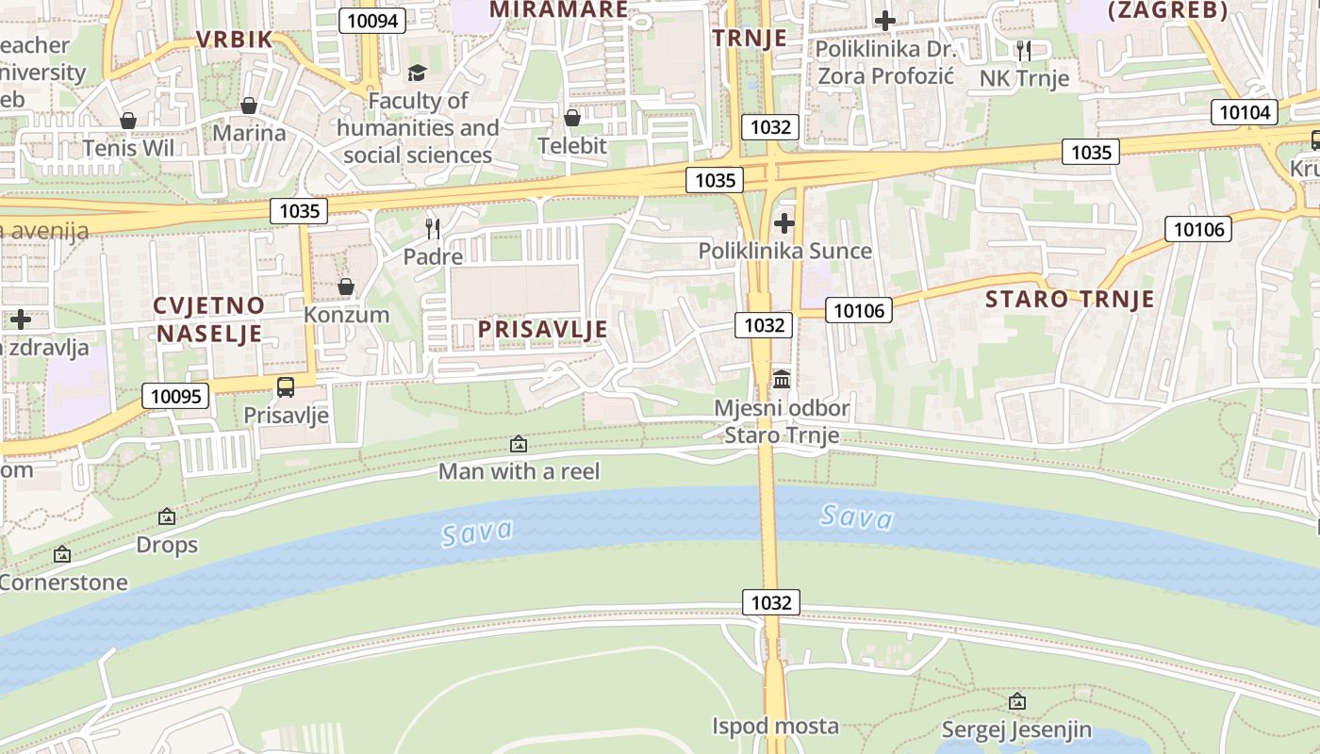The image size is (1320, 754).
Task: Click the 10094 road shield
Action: [372, 21]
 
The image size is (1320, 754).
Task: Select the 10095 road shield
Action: [175, 396]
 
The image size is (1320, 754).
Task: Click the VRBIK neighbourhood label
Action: [234, 40]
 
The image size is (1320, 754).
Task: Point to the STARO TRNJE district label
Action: [1069, 300]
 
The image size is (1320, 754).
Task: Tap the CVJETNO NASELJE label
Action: [210, 319]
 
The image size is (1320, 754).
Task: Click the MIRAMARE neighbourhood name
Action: [559, 9]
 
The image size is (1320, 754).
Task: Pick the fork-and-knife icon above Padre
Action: [433, 228]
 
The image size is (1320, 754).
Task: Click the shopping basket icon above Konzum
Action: [346, 287]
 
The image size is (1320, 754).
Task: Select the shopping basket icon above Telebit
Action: [572, 118]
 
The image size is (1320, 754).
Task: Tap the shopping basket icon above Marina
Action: [249, 105]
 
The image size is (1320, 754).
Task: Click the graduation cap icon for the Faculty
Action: [417, 73]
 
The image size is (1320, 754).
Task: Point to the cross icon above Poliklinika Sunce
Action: [784, 223]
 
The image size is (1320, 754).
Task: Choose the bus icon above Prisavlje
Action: [286, 386]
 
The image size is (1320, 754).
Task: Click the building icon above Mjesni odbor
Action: [782, 380]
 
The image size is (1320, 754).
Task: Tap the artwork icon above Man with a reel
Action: [519, 443]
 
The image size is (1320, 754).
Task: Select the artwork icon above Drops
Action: [167, 516]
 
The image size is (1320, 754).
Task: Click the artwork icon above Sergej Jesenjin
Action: [1016, 701]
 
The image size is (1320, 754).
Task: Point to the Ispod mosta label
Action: [775, 726]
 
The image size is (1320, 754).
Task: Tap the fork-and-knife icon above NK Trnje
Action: [1024, 49]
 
